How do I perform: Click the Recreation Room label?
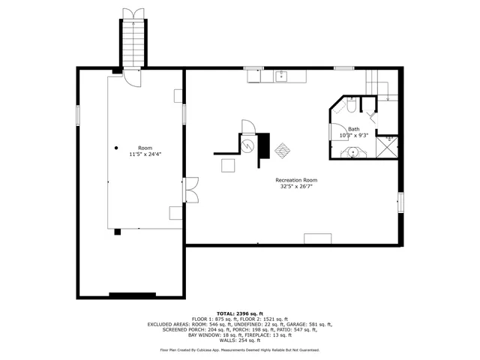click(296, 180)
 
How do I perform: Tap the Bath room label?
click(353, 129)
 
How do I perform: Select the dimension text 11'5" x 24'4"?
click(145, 154)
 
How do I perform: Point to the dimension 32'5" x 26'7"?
click(296, 187)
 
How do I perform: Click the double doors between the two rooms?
click(192, 188)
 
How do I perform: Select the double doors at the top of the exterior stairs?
click(132, 13)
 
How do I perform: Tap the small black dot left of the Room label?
click(116, 148)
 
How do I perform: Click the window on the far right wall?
click(400, 202)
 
